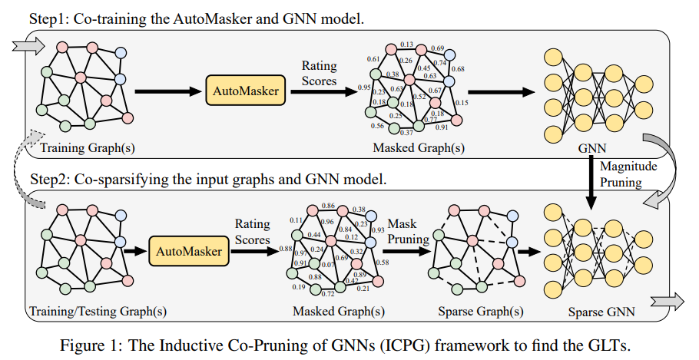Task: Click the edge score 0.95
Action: click(x=364, y=88)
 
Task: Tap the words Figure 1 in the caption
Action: click(x=88, y=345)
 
